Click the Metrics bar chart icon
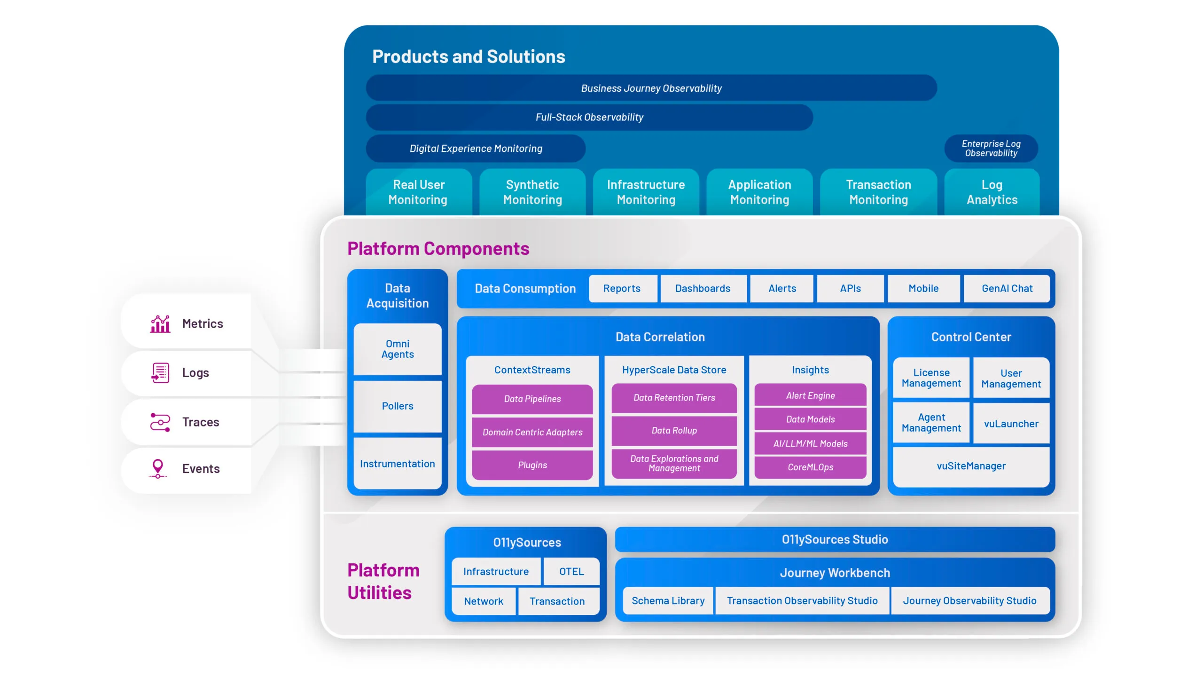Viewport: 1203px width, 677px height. pos(160,324)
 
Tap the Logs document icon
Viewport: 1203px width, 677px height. pos(160,373)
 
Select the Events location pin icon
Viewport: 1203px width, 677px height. pos(158,469)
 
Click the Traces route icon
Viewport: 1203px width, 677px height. pos(160,422)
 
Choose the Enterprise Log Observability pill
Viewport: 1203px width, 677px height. pos(991,149)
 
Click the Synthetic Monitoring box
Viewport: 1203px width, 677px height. pos(532,192)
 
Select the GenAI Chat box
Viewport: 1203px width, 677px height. pos(1007,289)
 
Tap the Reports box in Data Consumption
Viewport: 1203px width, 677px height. pos(622,289)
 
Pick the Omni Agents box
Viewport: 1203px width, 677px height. pos(398,349)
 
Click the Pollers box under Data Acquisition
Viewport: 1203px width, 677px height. pos(398,406)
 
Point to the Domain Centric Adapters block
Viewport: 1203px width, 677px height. pos(532,432)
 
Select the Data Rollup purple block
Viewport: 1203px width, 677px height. pos(674,431)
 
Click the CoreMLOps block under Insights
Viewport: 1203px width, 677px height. pos(810,467)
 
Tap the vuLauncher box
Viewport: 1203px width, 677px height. pos(1011,424)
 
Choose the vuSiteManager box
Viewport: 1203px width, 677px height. pos(971,466)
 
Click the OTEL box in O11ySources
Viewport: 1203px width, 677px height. pos(571,572)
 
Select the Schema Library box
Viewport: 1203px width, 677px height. pos(668,601)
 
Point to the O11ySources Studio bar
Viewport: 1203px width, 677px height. pos(835,540)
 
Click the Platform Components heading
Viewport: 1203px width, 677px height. pos(438,249)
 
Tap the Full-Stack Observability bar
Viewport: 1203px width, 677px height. pos(589,118)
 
